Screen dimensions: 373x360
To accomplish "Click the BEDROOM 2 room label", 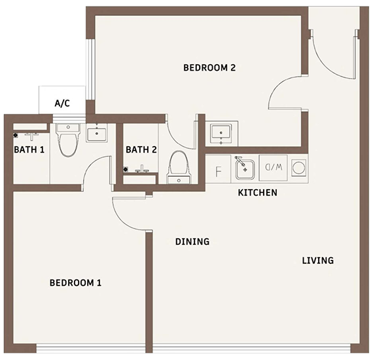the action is (209, 68).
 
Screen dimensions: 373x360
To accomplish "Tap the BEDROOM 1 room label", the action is (75, 283).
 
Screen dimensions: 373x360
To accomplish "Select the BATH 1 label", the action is (29, 150).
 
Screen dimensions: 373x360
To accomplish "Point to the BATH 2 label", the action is (141, 150).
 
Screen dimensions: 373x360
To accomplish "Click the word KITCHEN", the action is (257, 192).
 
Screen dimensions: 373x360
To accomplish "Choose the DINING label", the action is (192, 242).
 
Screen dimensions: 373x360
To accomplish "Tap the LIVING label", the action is (318, 261).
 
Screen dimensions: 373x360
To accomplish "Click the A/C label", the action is (62, 103).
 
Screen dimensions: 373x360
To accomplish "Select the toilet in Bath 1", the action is (68, 140).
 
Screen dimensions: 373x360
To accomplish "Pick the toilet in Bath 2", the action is (179, 167).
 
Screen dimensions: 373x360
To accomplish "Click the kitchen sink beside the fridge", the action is (245, 169).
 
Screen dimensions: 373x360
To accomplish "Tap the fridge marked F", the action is (218, 169).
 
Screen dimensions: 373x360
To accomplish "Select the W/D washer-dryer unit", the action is (274, 168).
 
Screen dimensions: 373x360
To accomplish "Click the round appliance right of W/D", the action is (299, 168).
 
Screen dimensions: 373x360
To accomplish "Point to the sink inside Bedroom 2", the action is (221, 134).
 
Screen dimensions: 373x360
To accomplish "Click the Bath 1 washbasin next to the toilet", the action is (97, 133).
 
